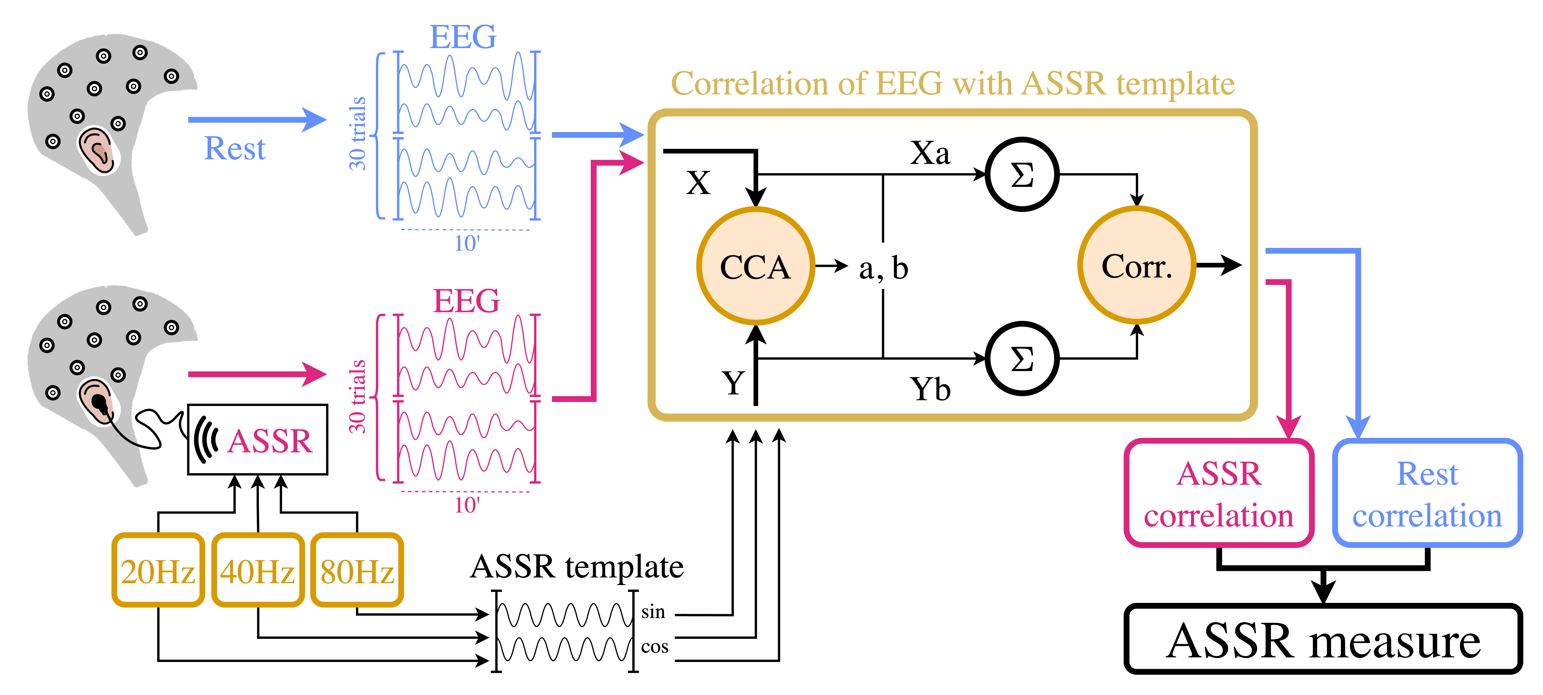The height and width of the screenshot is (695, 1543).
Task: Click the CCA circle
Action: (x=755, y=266)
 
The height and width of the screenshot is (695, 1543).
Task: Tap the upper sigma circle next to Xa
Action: (x=1022, y=174)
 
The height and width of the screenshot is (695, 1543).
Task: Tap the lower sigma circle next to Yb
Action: (x=1022, y=358)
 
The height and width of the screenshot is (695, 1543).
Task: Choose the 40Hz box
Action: (x=258, y=570)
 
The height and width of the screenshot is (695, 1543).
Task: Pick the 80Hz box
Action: (x=357, y=570)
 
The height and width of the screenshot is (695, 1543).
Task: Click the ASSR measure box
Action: (x=1323, y=639)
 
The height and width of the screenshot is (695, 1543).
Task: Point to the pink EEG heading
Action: (x=466, y=301)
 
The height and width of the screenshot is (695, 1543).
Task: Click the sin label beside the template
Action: (x=653, y=612)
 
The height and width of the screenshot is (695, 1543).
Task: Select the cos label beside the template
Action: (x=654, y=647)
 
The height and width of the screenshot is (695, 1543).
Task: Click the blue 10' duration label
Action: (x=467, y=243)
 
